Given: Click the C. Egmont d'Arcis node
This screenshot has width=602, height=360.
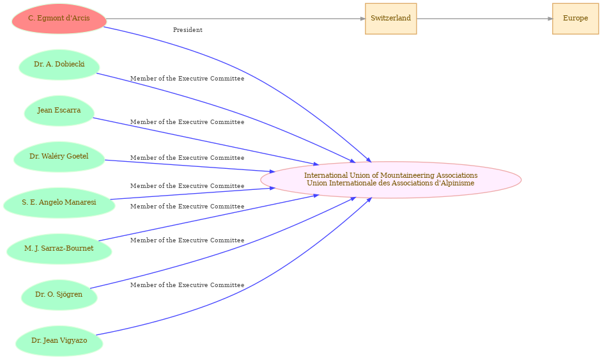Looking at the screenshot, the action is pyautogui.click(x=59, y=19).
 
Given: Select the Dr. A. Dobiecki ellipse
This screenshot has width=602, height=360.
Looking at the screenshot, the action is pyautogui.click(x=59, y=65).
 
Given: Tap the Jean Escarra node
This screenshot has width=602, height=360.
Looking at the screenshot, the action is pyautogui.click(x=59, y=111).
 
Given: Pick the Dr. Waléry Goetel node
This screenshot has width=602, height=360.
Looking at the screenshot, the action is pyautogui.click(x=59, y=157).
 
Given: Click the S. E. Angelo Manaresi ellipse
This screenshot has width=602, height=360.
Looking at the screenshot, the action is pyautogui.click(x=59, y=203).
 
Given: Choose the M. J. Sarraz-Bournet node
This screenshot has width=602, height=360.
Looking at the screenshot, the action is pyautogui.click(x=59, y=249).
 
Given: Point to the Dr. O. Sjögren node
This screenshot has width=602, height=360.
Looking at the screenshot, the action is pyautogui.click(x=59, y=295).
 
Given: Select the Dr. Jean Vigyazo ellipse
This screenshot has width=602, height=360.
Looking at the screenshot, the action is pyautogui.click(x=59, y=341).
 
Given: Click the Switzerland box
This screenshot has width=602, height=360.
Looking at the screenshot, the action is pyautogui.click(x=391, y=19).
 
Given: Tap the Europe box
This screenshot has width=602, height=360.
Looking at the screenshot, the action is pyautogui.click(x=576, y=19).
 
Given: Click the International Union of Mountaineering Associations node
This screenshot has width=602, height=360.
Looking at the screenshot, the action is pyautogui.click(x=391, y=180).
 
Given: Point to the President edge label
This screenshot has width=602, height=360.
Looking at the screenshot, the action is pyautogui.click(x=188, y=30).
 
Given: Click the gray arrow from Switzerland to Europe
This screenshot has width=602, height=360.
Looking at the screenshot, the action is pyautogui.click(x=484, y=19).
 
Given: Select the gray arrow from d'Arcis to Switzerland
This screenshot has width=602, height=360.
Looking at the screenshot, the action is pyautogui.click(x=236, y=19).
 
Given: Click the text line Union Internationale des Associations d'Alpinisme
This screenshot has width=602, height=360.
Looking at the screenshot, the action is pyautogui.click(x=391, y=184).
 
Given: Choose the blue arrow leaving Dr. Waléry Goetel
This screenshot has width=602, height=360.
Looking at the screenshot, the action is pyautogui.click(x=190, y=166).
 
